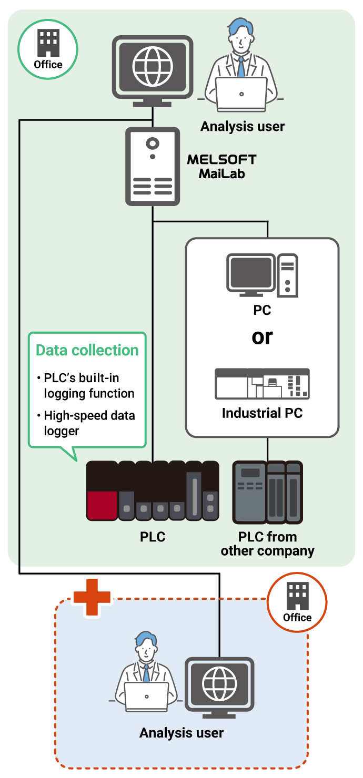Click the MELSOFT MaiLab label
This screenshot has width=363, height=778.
click(x=221, y=166)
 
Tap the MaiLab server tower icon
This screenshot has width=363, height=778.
click(x=153, y=167)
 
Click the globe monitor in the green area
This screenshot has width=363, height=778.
click(x=153, y=67)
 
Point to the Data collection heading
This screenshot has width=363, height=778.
click(x=87, y=351)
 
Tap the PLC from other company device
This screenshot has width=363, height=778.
click(x=267, y=492)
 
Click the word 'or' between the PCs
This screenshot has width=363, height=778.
click(x=262, y=336)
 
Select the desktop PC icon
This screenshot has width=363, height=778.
click(x=262, y=275)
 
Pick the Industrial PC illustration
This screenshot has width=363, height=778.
click(x=262, y=384)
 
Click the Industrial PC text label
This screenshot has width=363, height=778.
click(x=262, y=413)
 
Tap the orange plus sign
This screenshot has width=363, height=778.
click(x=92, y=597)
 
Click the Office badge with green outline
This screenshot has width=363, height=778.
click(x=48, y=49)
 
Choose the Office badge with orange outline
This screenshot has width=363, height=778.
click(x=297, y=602)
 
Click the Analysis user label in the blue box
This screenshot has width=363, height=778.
click(x=181, y=733)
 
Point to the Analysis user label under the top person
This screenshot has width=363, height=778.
click(x=243, y=127)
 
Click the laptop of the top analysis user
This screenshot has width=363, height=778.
click(x=241, y=93)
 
